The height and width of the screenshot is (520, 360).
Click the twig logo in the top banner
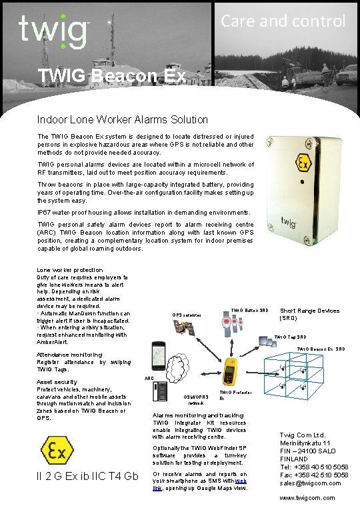pyautogui.click(x=53, y=31)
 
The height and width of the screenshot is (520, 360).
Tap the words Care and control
pyautogui.click(x=283, y=21)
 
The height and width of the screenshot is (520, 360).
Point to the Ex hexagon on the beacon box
pyautogui.click(x=303, y=163)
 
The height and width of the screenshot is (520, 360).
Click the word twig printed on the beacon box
pyautogui.click(x=288, y=221)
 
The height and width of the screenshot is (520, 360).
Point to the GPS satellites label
pyautogui.click(x=187, y=314)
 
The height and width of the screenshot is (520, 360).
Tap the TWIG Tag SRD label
pyautogui.click(x=290, y=337)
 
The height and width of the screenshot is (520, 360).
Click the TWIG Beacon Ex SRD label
pyautogui.click(x=321, y=349)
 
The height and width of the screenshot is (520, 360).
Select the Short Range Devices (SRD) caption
pyautogui.click(x=309, y=314)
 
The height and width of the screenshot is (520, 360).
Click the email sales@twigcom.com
pyautogui.click(x=314, y=483)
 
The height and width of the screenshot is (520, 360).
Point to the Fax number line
pyautogui.click(x=314, y=475)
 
